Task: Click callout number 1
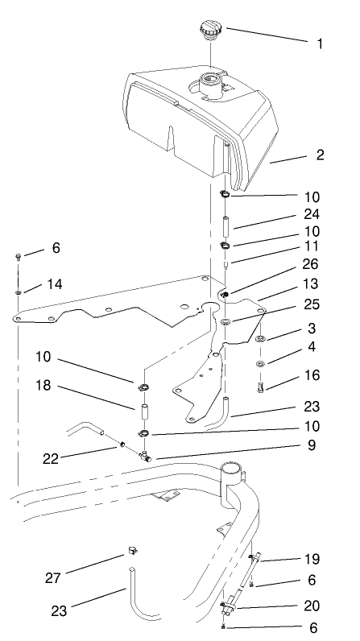[x=320, y=44]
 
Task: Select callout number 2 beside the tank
[x=320, y=155]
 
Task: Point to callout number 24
[x=312, y=214]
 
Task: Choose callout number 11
[x=312, y=246]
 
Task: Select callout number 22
[x=52, y=459]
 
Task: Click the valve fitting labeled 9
[x=145, y=456]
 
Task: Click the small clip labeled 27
[x=130, y=551]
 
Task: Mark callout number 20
[x=312, y=605]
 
